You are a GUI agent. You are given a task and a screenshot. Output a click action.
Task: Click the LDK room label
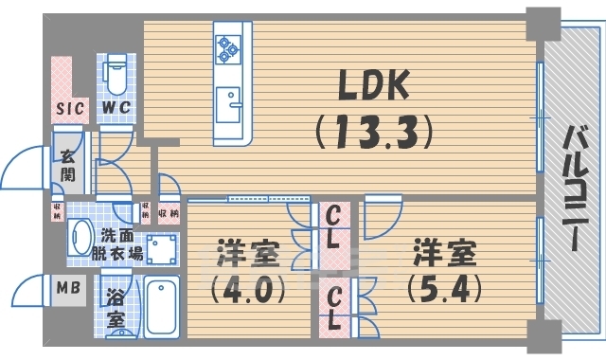pyautogui.click(x=370, y=88)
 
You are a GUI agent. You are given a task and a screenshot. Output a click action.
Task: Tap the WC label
pyautogui.click(x=116, y=109)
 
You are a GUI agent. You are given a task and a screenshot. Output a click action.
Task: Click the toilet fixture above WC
pyautogui.click(x=116, y=70)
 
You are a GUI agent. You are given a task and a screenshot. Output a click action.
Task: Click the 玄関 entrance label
pyautogui.click(x=68, y=168)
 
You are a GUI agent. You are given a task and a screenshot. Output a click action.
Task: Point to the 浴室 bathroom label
pyautogui.click(x=115, y=309)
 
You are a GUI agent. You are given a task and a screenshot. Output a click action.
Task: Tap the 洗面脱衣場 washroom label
pyautogui.click(x=121, y=246)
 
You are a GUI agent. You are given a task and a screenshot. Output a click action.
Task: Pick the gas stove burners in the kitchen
pyautogui.click(x=228, y=48)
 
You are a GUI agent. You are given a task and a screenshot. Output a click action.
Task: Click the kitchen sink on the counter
pyautogui.click(x=228, y=101)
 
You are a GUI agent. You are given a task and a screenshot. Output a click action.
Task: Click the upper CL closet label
pyautogui.click(x=332, y=228)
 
